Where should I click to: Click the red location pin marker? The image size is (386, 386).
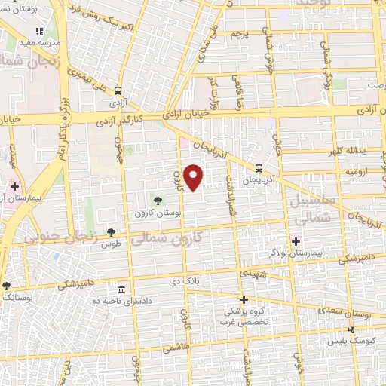(195, 176)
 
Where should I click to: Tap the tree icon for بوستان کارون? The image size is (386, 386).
(157, 200)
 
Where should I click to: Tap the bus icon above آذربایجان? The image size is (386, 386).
(259, 168)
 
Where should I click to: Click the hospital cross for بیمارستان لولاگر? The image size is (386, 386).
(296, 242)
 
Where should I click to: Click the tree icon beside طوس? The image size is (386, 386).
(111, 231)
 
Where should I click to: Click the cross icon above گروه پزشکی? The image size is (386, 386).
(243, 299)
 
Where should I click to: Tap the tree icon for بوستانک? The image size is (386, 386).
(7, 285)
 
